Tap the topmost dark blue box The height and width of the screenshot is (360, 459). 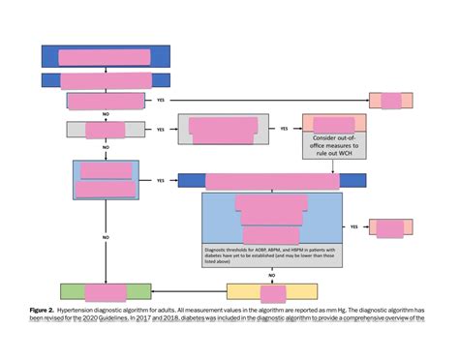pyautogui.click(x=106, y=56)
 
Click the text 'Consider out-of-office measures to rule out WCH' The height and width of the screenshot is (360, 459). pyautogui.click(x=335, y=146)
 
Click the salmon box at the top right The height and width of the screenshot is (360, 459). pyautogui.click(x=391, y=100)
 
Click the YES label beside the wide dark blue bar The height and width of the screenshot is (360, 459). pyautogui.click(x=159, y=180)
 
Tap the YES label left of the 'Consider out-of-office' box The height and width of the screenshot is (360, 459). pyautogui.click(x=284, y=129)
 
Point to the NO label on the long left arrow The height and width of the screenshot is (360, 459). pyautogui.click(x=106, y=236)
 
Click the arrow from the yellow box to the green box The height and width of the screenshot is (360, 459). pyautogui.click(x=189, y=290)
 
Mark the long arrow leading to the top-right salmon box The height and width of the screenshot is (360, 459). pyautogui.click(x=261, y=100)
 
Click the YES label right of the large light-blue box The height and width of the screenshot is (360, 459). pyautogui.click(x=353, y=227)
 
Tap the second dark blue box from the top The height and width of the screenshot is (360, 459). pyautogui.click(x=106, y=78)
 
